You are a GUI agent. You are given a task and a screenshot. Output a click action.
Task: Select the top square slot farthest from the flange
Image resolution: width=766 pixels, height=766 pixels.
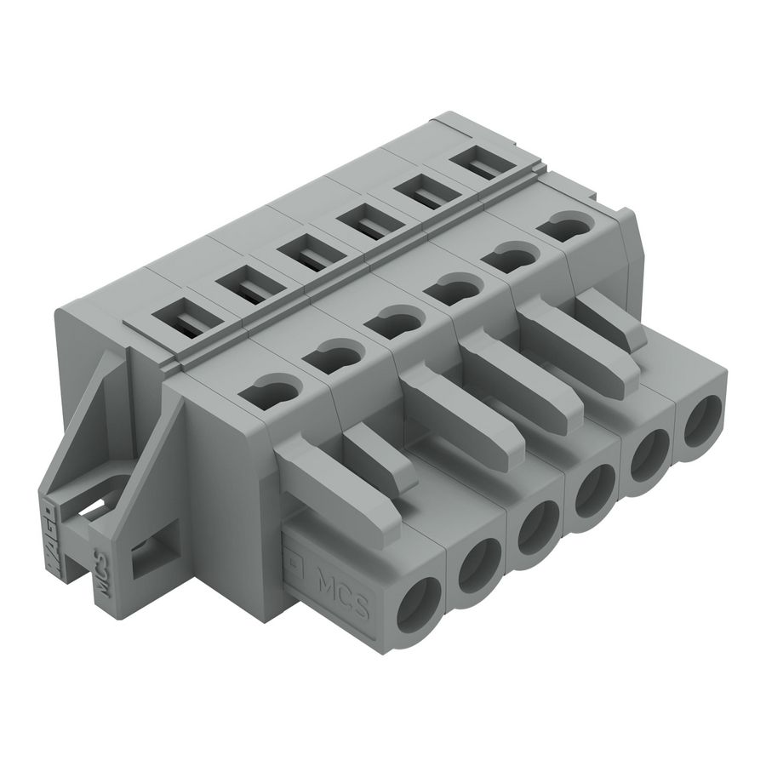point(488,163)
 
